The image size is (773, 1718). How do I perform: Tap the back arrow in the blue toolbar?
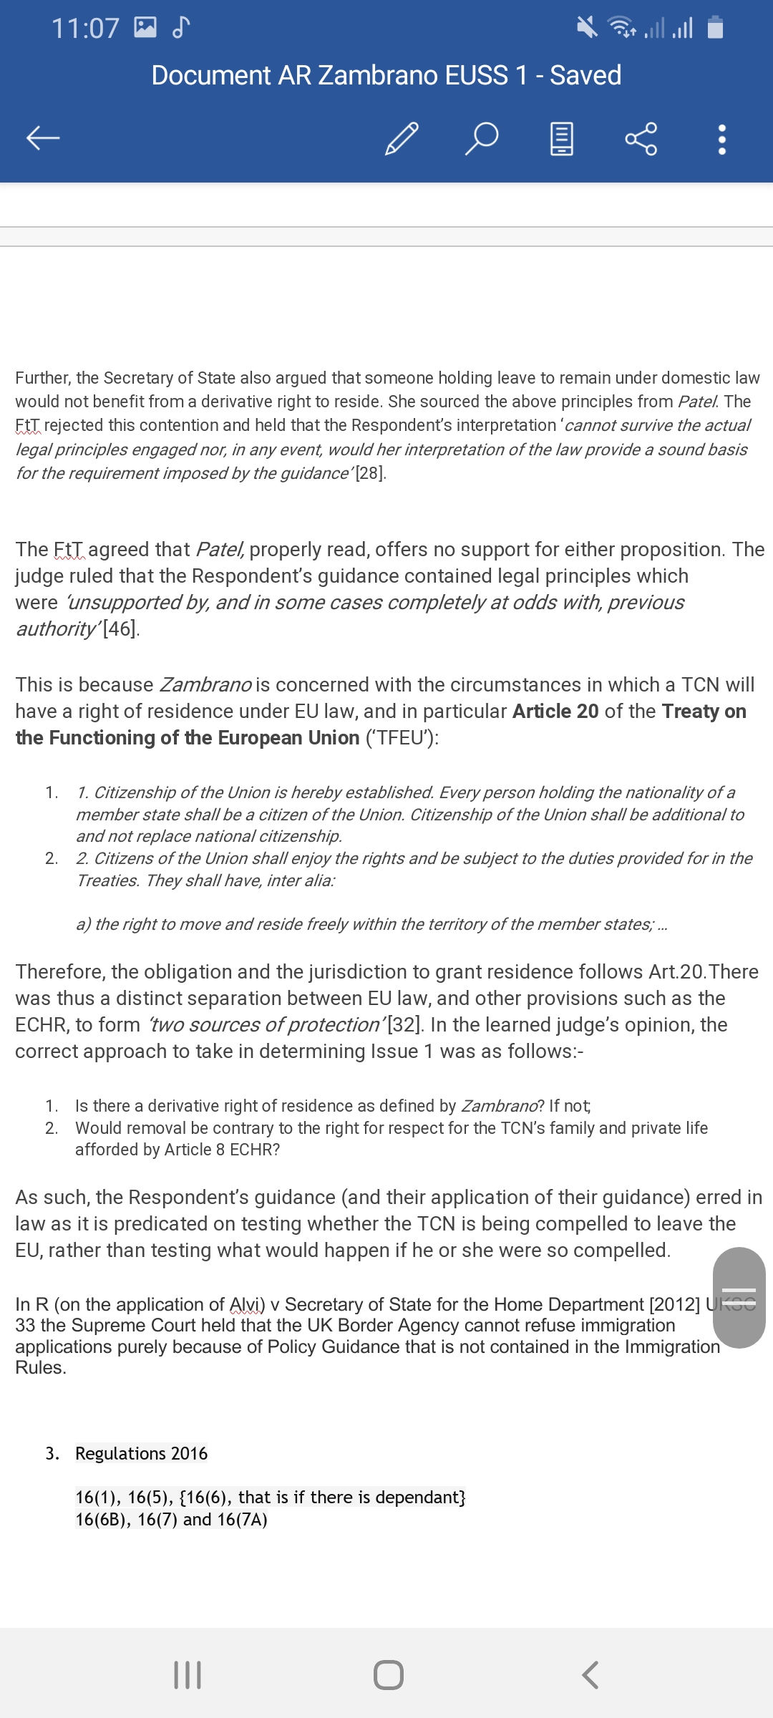43,137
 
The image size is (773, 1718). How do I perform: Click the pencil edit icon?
402,138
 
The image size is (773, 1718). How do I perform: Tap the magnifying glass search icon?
482,138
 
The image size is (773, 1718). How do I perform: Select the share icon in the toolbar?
641,138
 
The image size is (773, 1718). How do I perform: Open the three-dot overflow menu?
722,140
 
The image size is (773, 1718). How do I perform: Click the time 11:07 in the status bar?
85,29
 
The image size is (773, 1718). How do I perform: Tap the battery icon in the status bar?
715,28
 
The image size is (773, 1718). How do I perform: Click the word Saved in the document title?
585,75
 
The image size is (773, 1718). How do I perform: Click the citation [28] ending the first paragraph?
371,473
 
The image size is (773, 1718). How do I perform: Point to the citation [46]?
120,629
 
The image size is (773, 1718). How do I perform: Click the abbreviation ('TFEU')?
402,737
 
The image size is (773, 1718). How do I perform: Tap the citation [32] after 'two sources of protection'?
404,1024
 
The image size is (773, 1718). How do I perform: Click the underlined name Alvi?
247,1304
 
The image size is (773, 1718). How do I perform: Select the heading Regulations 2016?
141,1453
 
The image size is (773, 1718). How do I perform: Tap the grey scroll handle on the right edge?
739,1297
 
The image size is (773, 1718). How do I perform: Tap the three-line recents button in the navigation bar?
188,1675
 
